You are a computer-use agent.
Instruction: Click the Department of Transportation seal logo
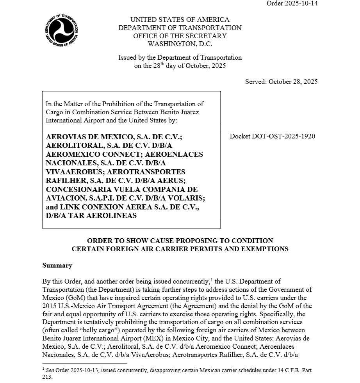[x=61, y=30]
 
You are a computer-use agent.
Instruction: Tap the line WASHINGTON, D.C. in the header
[x=180, y=44]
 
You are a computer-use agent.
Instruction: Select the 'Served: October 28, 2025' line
[x=281, y=82]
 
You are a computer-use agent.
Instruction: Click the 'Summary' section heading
[x=57, y=266]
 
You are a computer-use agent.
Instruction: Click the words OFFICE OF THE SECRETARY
[x=180, y=36]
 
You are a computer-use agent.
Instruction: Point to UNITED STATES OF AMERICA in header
[x=180, y=20]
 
